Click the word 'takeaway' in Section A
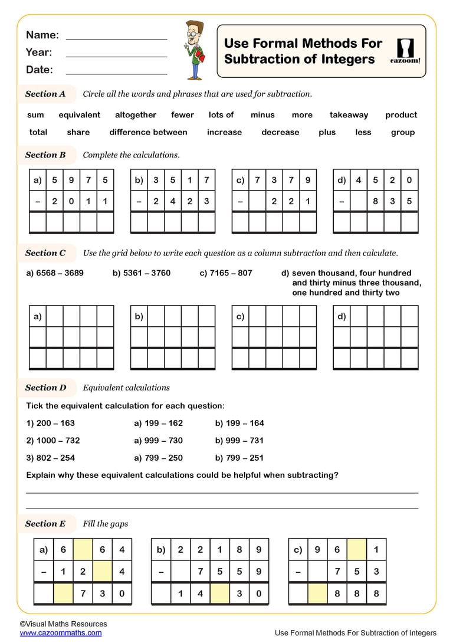point(349,115)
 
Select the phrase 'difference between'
point(148,132)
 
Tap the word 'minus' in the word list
point(262,115)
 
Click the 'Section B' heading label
point(45,155)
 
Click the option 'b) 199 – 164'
point(239,423)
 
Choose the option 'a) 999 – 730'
point(159,440)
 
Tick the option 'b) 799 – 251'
point(239,458)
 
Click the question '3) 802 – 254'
point(51,458)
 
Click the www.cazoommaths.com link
point(60,633)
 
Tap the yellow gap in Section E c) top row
point(356,550)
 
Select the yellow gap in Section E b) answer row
point(219,593)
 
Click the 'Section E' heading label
point(45,524)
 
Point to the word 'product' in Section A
point(401,115)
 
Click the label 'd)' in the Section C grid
point(342,316)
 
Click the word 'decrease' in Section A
point(280,132)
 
